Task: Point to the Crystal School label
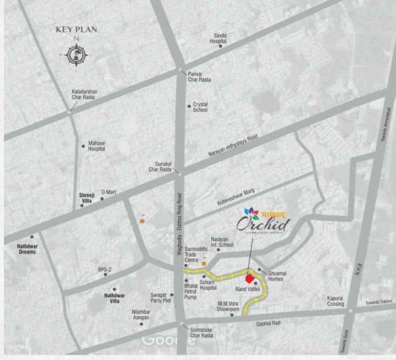click(200, 108)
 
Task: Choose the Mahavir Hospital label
click(97, 146)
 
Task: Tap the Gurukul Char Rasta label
click(163, 166)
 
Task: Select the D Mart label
click(108, 192)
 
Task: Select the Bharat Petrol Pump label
click(195, 293)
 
